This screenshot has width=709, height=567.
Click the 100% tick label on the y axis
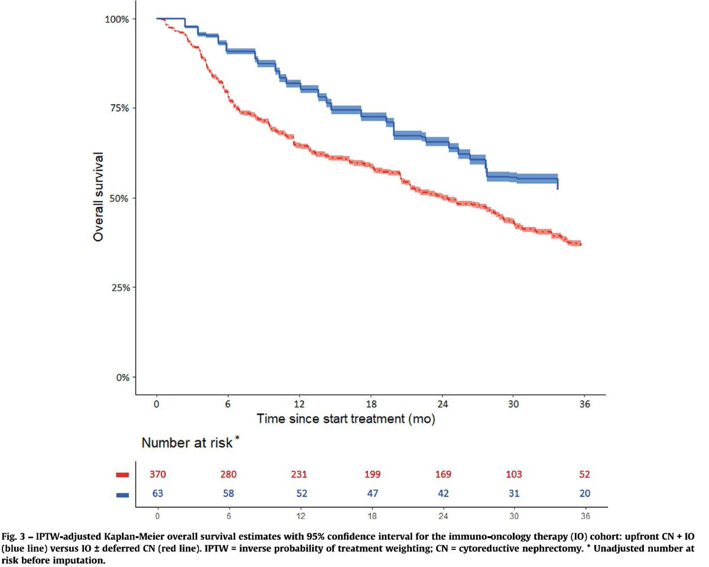(x=118, y=19)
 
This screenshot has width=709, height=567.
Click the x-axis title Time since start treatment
(x=346, y=419)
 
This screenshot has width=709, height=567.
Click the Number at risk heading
(x=187, y=442)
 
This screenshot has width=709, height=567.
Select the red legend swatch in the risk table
(x=122, y=475)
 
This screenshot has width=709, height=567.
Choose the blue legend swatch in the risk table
(x=122, y=494)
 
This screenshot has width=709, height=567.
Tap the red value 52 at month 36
(x=584, y=474)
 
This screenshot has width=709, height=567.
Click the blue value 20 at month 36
(x=584, y=494)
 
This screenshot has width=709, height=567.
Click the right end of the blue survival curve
(x=558, y=188)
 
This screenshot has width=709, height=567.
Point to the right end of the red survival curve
(x=581, y=244)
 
